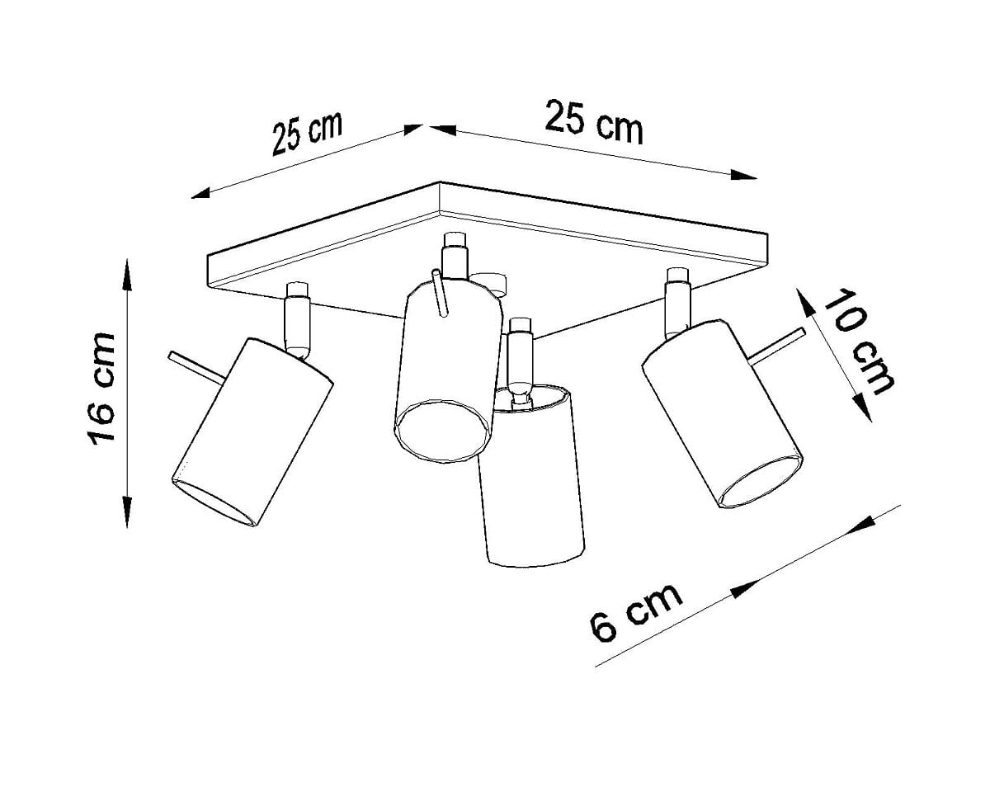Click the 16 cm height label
click(x=101, y=389)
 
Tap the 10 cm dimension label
click(x=859, y=342)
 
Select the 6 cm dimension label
click(x=636, y=612)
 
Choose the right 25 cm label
click(x=594, y=122)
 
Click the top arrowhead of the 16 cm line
click(x=127, y=276)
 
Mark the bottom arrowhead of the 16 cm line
click(x=127, y=511)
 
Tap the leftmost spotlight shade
click(x=252, y=432)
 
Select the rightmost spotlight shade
click(x=722, y=413)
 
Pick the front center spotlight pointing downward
click(x=530, y=475)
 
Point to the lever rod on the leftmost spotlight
click(x=196, y=367)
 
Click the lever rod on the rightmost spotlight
click(x=778, y=345)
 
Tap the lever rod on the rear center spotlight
click(x=440, y=293)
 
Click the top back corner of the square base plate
click(x=440, y=182)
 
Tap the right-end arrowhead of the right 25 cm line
click(x=744, y=174)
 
